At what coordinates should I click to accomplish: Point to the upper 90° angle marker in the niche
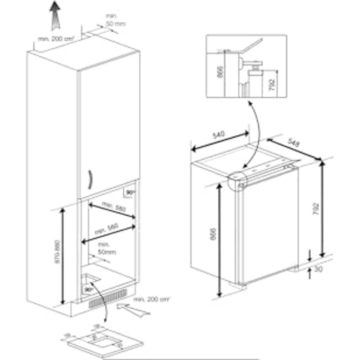[x=130, y=193]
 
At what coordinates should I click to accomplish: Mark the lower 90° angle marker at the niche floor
[x=88, y=289]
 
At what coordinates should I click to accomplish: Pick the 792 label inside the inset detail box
[x=272, y=82]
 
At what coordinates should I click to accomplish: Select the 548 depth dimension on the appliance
[x=293, y=142]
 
